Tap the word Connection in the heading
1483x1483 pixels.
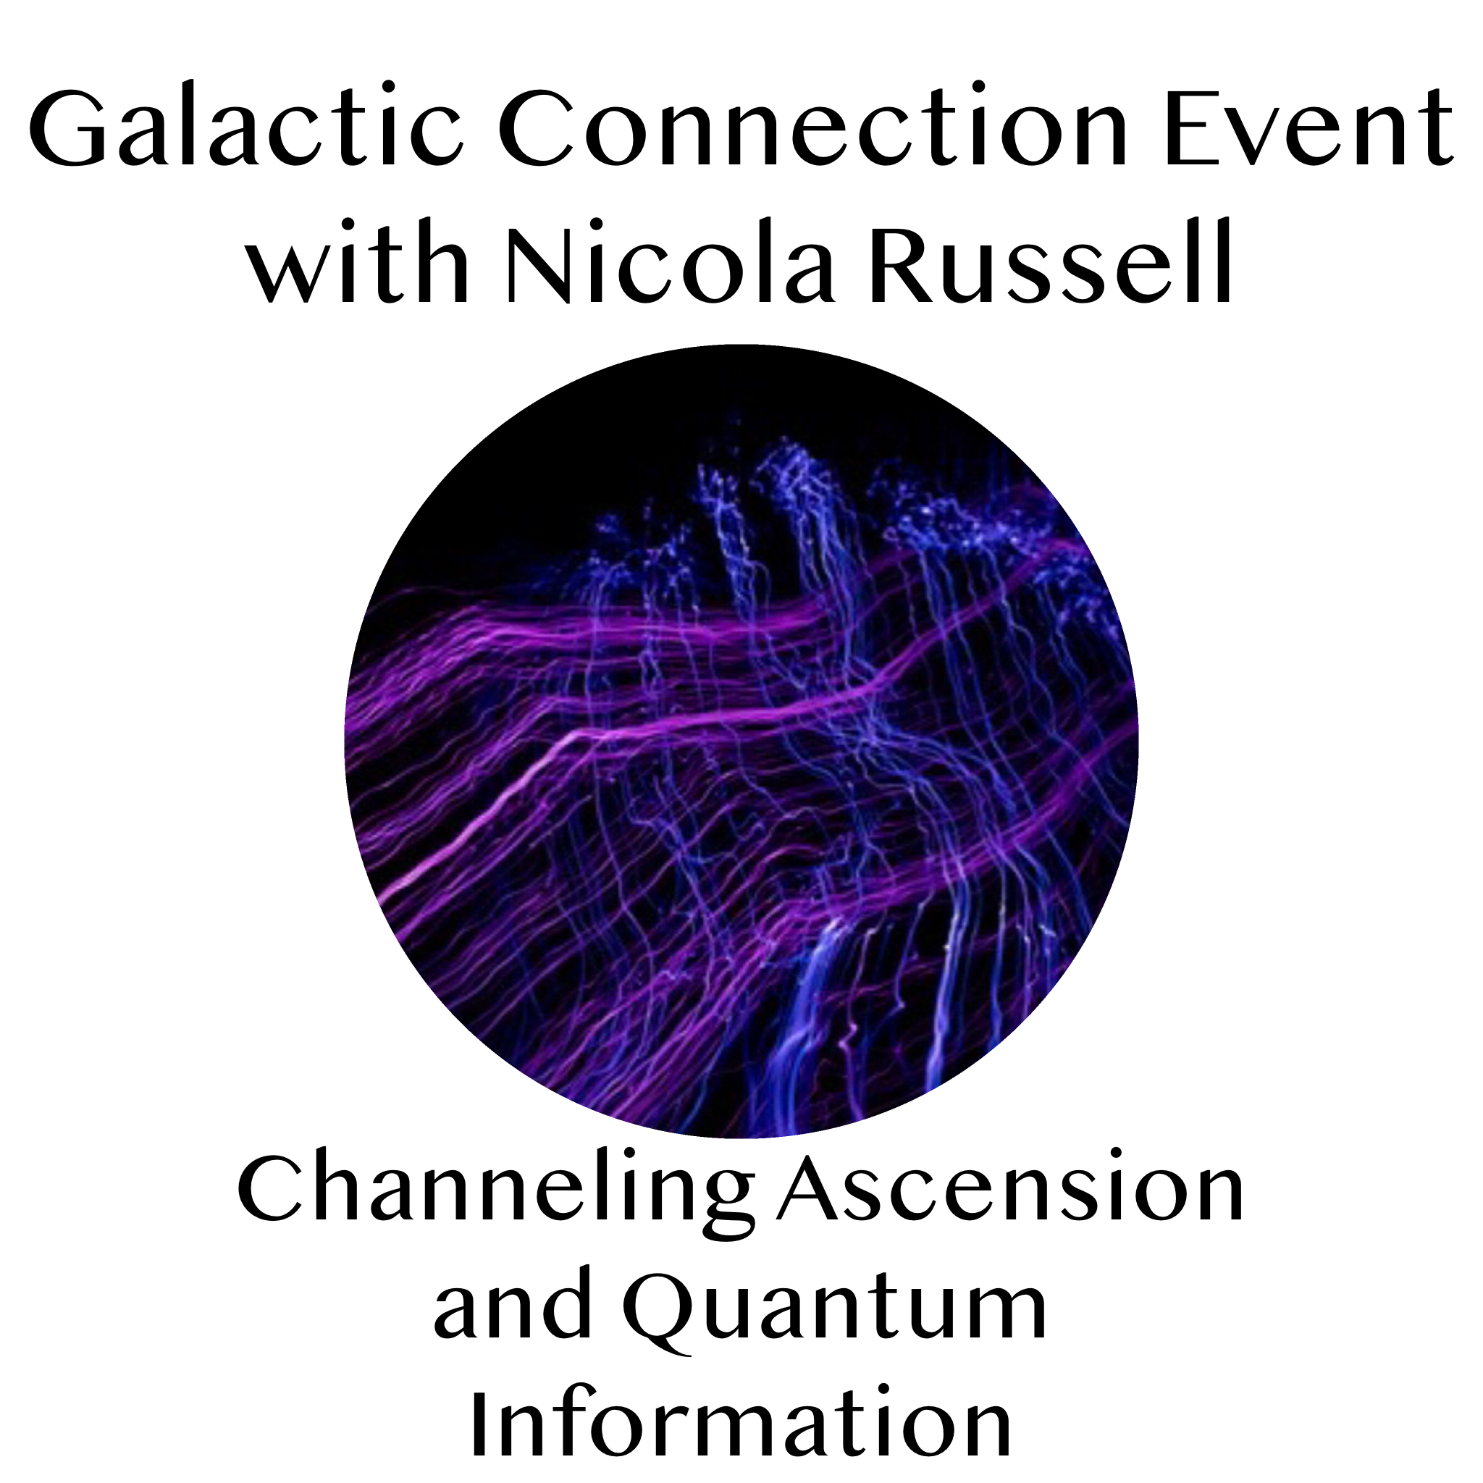[817, 126]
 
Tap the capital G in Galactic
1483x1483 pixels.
[68, 126]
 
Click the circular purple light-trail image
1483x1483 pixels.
[741, 741]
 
